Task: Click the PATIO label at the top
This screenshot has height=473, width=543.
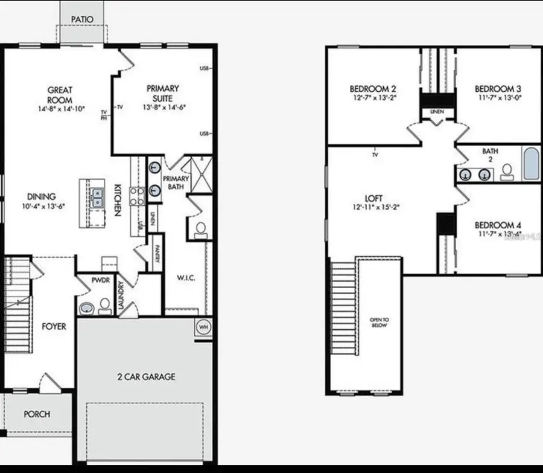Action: [x=82, y=19]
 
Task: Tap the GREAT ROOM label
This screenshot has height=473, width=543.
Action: [x=60, y=95]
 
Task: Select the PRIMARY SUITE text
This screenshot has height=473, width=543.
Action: [x=163, y=93]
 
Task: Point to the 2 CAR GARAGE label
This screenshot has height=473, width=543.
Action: [x=146, y=377]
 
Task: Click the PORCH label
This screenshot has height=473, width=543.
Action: [x=37, y=414]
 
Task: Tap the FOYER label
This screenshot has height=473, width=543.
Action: [x=54, y=326]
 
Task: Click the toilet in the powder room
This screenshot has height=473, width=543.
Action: [x=105, y=306]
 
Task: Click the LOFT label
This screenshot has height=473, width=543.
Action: [x=375, y=197]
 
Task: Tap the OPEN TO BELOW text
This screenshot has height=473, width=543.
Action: [x=379, y=322]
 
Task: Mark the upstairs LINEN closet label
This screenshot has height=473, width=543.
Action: [x=437, y=112]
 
